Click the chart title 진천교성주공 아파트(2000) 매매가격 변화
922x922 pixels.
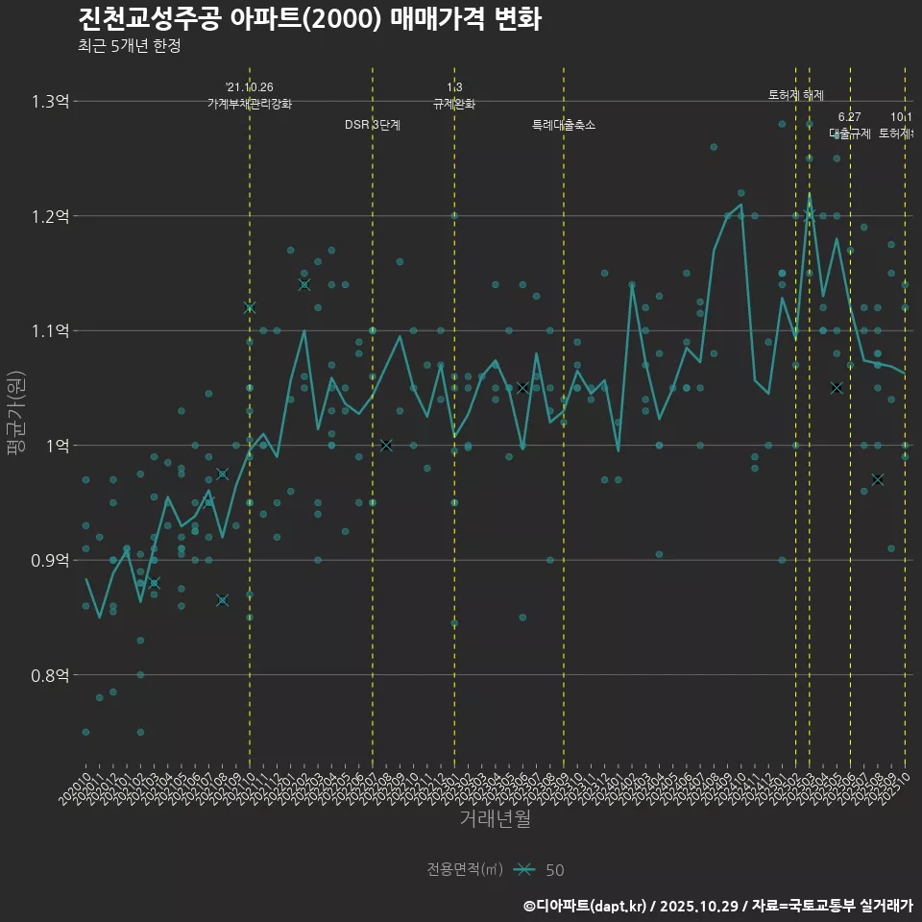[x=308, y=19]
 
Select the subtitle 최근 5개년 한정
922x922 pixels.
[x=129, y=45]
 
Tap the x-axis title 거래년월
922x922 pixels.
[x=495, y=818]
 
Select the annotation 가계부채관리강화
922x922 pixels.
[x=250, y=104]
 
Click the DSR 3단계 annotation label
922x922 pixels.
[x=373, y=125]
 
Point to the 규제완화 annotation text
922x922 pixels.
[x=454, y=104]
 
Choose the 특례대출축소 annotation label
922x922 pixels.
[x=564, y=125]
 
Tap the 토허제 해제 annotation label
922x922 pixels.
[x=796, y=95]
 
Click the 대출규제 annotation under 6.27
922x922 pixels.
[x=850, y=133]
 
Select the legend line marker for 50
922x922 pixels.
[x=523, y=869]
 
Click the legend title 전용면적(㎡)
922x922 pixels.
[x=465, y=869]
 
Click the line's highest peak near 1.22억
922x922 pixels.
[x=810, y=195]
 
